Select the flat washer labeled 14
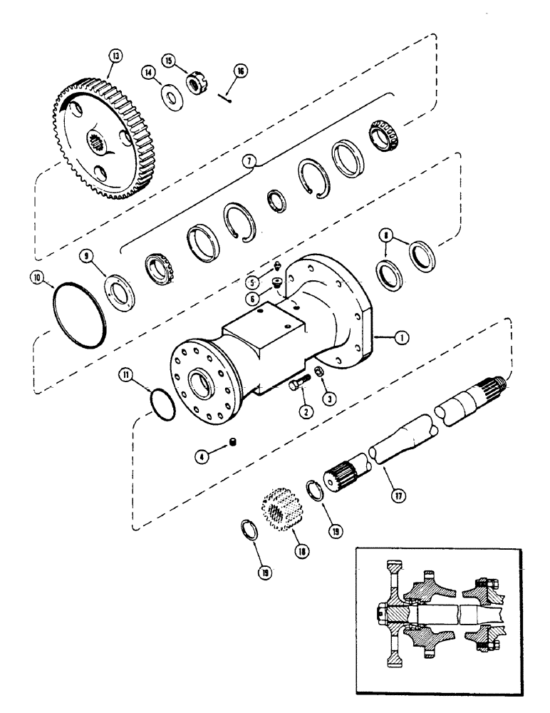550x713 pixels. pos(170,95)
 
